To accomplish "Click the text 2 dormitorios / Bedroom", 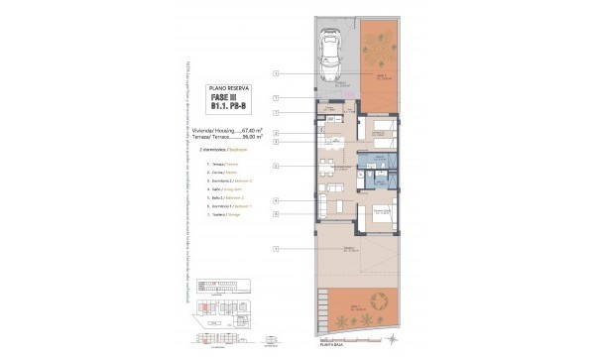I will pos(220,149).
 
